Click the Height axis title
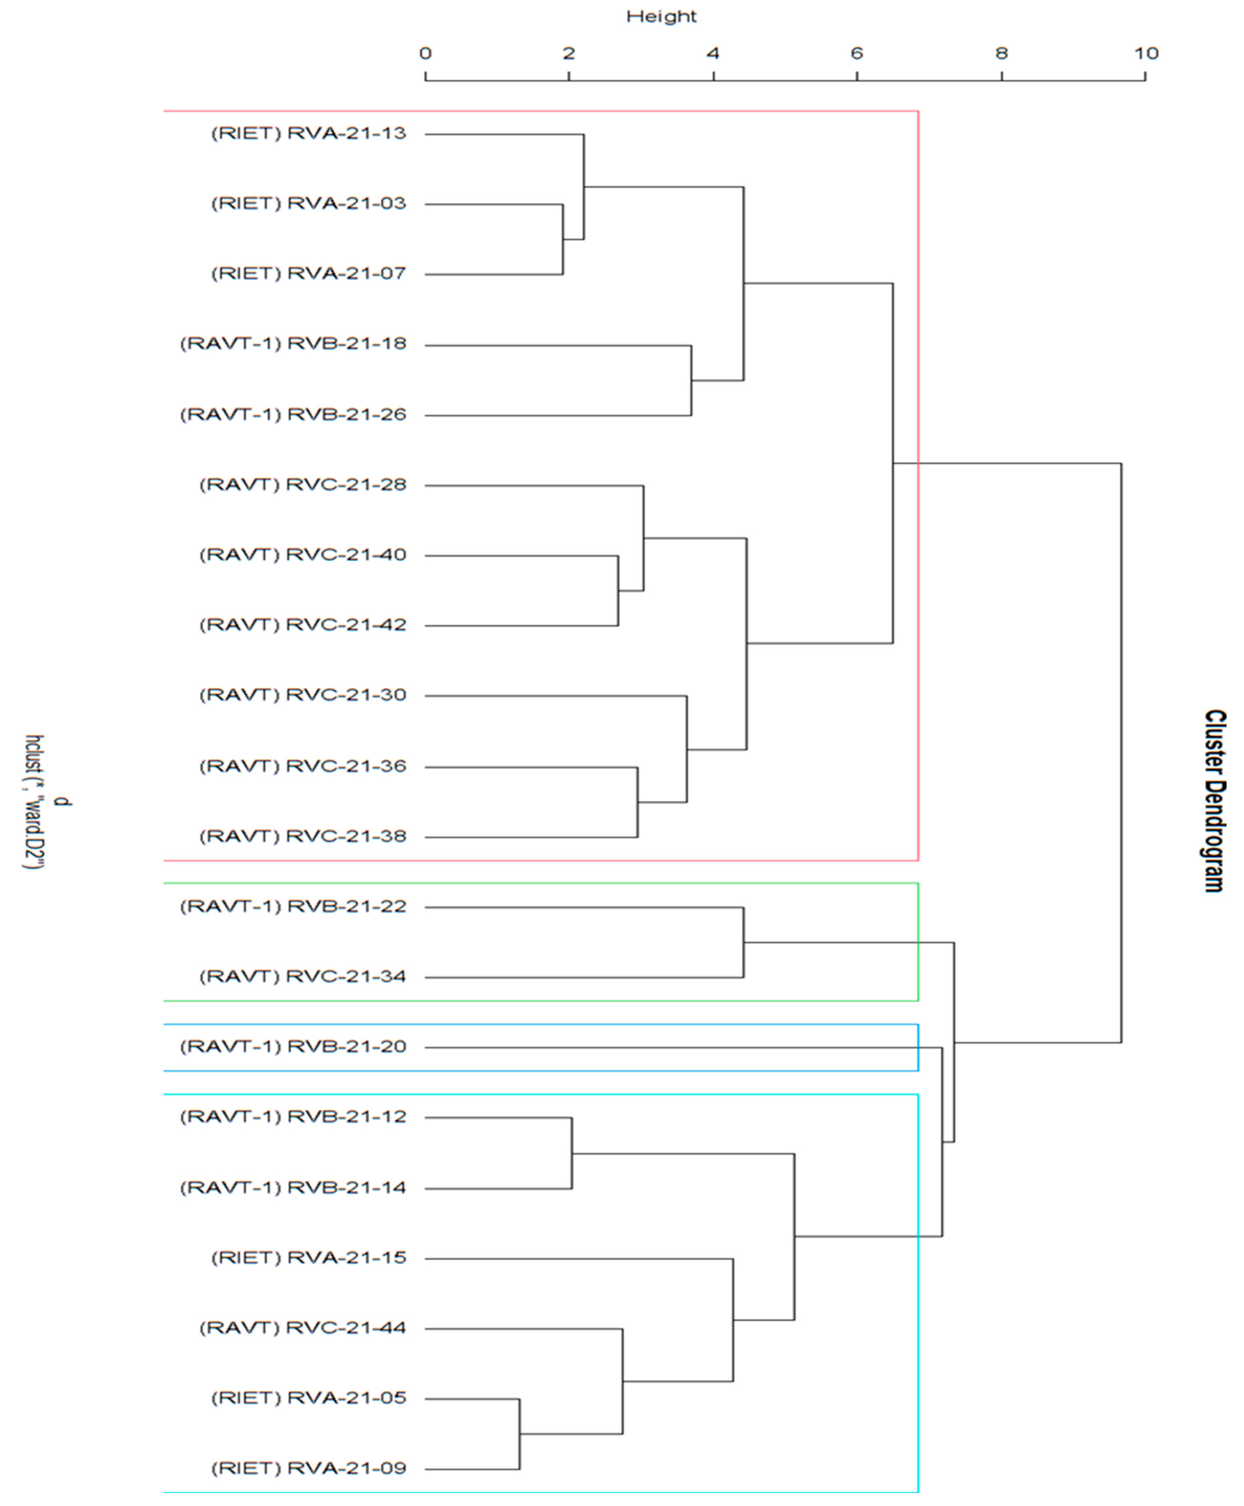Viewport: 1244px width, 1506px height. [x=661, y=16]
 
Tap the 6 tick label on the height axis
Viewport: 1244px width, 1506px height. [x=857, y=53]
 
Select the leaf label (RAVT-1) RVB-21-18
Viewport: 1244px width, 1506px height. [x=293, y=344]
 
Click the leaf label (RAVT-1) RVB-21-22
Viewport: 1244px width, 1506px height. [x=293, y=907]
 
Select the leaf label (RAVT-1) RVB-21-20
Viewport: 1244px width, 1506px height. [x=293, y=1047]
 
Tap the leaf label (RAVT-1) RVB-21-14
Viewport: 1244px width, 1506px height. [x=293, y=1188]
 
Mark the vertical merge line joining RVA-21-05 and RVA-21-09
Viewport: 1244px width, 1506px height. [x=520, y=1434]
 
